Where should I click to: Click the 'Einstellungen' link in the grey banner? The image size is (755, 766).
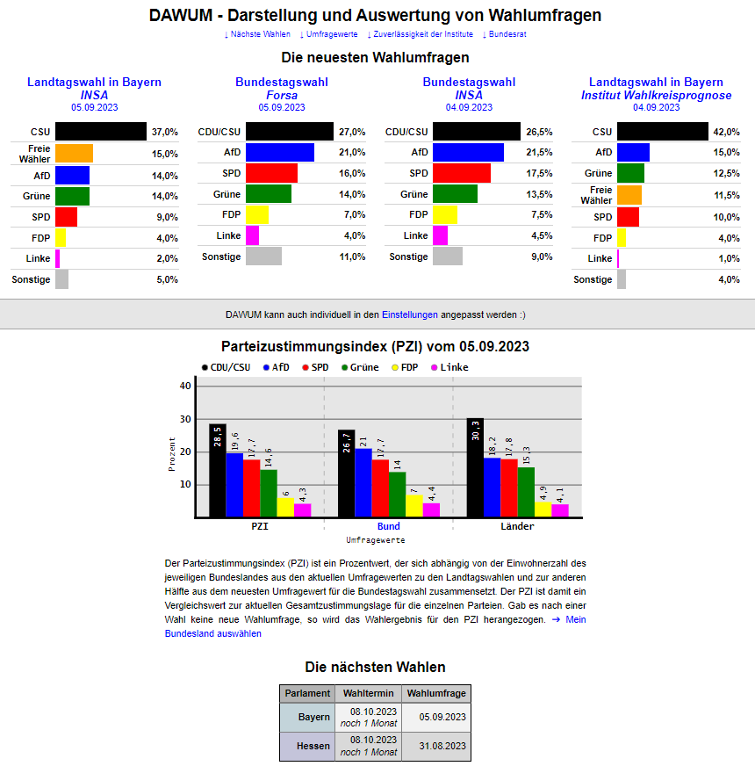click(410, 314)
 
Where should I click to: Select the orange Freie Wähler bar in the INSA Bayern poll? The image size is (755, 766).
click(74, 154)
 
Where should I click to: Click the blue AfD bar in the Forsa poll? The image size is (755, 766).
click(279, 153)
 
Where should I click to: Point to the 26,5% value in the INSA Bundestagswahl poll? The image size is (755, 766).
click(539, 132)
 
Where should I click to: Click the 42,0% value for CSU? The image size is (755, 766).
click(726, 132)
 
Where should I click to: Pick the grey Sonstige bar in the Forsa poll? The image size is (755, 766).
click(263, 257)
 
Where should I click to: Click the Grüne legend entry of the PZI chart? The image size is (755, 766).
click(359, 367)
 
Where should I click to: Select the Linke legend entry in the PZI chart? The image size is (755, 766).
click(449, 367)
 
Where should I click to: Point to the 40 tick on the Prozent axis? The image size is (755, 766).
click(184, 386)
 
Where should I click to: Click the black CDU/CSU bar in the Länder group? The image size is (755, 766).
click(475, 467)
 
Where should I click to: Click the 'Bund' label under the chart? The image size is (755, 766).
click(388, 526)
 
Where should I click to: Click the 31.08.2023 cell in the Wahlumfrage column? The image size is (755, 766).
click(435, 746)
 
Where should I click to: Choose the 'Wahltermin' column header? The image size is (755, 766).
click(368, 693)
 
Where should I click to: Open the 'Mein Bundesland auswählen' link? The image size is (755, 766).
click(212, 633)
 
